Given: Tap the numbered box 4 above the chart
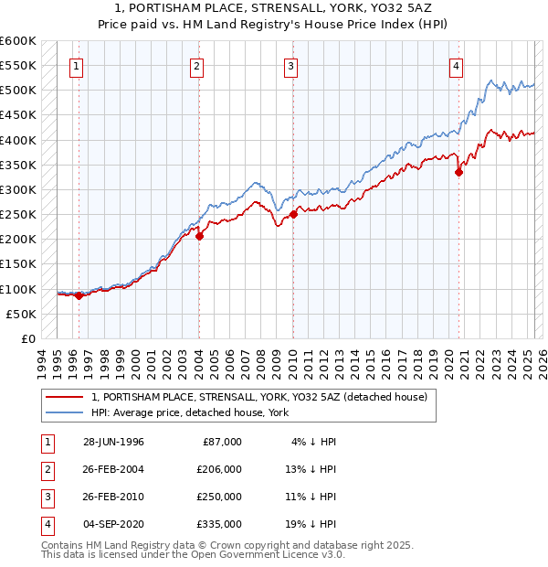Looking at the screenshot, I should click(x=455, y=66).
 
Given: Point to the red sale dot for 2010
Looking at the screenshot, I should click(x=293, y=214).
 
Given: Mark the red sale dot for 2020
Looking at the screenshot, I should click(x=458, y=172).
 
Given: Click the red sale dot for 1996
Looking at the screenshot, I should click(x=79, y=295).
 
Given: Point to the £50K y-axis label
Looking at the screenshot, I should click(x=21, y=314).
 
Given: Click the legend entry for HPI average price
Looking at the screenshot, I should click(x=189, y=412).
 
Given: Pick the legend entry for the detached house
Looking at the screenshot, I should click(x=259, y=397).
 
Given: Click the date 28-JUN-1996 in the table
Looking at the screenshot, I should click(x=113, y=442).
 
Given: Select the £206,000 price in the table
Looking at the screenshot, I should click(x=219, y=469).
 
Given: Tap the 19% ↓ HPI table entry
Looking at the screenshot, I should click(x=314, y=524).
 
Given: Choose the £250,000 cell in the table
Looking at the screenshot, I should click(x=219, y=497).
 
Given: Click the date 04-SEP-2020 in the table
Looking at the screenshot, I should click(x=113, y=524).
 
